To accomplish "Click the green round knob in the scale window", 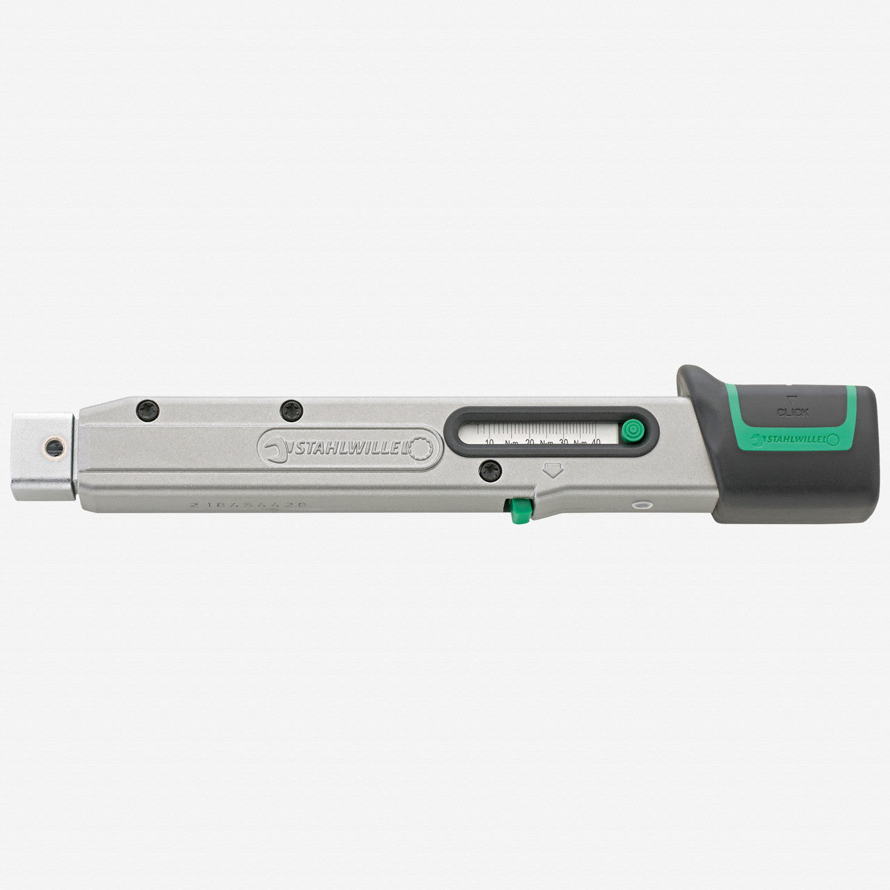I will click(631, 430).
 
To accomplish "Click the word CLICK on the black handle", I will click(793, 412).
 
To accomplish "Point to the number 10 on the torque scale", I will click(489, 442).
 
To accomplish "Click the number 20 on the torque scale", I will click(530, 442).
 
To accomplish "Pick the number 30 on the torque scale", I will click(564, 442).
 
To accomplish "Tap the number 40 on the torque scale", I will click(596, 442).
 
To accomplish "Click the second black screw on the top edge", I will click(288, 410).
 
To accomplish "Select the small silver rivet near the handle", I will click(642, 505).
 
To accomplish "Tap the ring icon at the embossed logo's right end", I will click(425, 449).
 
